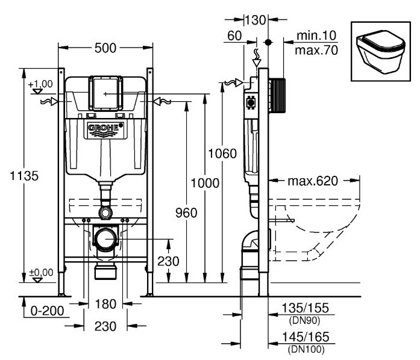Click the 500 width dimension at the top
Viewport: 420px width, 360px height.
point(106,48)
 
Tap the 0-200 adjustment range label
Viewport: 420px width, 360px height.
point(46,311)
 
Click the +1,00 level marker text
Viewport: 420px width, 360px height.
point(40,84)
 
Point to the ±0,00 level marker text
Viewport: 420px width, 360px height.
point(40,273)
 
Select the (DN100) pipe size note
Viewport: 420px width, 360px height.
point(306,349)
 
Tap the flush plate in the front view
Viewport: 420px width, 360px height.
point(104,93)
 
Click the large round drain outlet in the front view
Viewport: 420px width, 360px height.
point(106,239)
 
